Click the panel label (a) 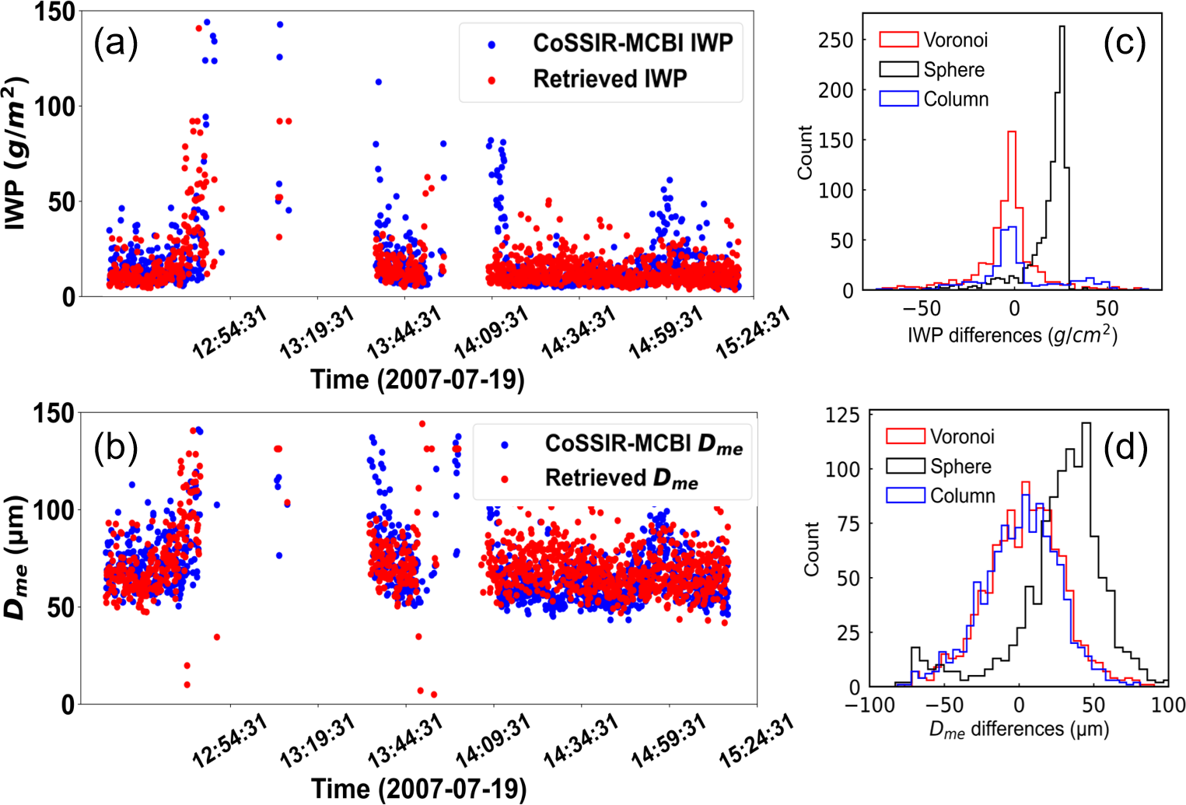coord(116,44)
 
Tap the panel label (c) coord(1125,44)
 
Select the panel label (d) coord(1125,450)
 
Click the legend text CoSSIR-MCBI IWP coord(632,43)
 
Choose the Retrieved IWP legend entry coord(610,79)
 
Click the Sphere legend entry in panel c coord(953,70)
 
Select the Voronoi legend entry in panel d coord(962,436)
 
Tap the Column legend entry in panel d coord(962,495)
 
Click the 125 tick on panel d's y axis coord(842,415)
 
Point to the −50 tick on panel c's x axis coord(922,308)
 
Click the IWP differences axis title coord(1012,335)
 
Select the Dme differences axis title coord(1019,730)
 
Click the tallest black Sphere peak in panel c coord(1062,28)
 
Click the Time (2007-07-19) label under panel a coord(418,380)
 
